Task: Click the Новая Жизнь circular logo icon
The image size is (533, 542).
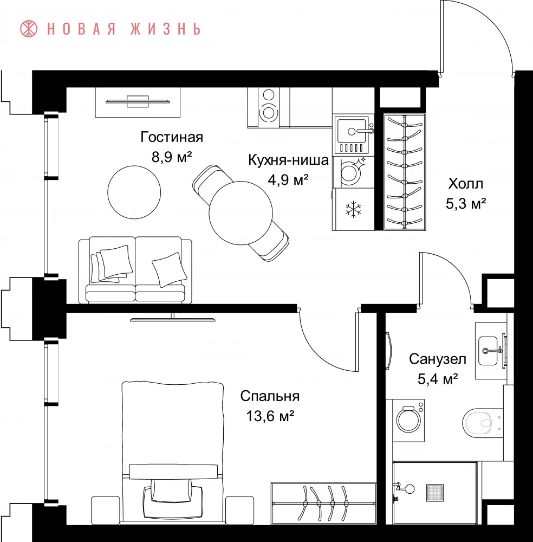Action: coord(29,29)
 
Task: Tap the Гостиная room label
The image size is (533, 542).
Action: coord(172,137)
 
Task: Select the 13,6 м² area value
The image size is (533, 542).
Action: coord(270,416)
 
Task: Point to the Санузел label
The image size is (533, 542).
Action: coord(437,359)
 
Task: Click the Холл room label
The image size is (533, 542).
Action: coord(465,184)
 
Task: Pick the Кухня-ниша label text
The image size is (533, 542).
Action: coord(288,160)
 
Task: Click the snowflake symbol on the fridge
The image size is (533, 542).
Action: coord(353,209)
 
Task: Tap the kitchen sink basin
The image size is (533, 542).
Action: coord(352,131)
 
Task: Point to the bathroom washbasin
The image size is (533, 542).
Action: coord(487,351)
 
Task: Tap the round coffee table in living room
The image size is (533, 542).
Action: coord(134,192)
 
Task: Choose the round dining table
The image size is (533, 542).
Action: coord(240,213)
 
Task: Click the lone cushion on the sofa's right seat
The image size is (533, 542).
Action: coord(169,269)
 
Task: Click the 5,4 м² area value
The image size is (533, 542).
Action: coord(438,379)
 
